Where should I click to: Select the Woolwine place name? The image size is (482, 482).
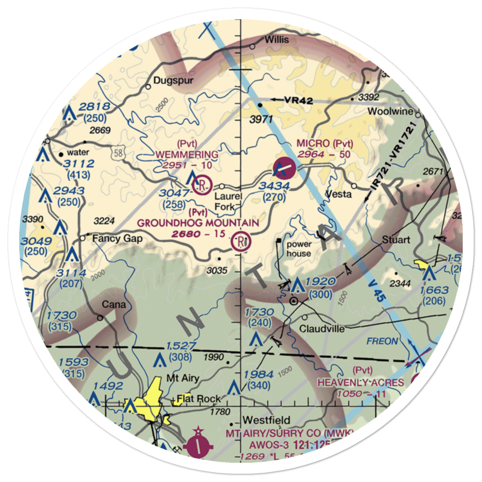point(390,111)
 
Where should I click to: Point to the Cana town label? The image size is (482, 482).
point(114,305)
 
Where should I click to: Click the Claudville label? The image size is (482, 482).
point(321,329)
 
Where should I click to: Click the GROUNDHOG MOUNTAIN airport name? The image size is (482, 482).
point(198,223)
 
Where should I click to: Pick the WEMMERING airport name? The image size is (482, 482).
point(187,154)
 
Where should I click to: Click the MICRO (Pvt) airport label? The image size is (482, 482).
point(325,144)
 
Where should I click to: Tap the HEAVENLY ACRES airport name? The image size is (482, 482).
point(360,382)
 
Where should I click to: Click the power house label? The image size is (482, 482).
point(299,249)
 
